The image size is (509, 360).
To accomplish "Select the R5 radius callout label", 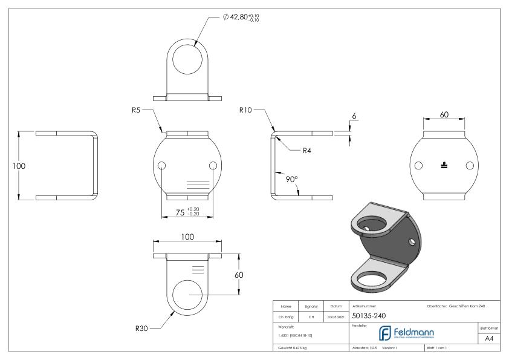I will point(138,111).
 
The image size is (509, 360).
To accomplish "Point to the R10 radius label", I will point(245,111).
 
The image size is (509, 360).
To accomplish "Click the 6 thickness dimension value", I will point(354,114).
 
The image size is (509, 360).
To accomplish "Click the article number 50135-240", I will point(371,315).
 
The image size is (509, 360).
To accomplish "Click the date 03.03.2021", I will point(336,315).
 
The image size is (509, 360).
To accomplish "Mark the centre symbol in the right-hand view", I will point(444,165).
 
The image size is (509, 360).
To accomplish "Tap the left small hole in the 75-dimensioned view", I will point(161,166).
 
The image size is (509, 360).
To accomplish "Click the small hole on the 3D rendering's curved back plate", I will point(412,241).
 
